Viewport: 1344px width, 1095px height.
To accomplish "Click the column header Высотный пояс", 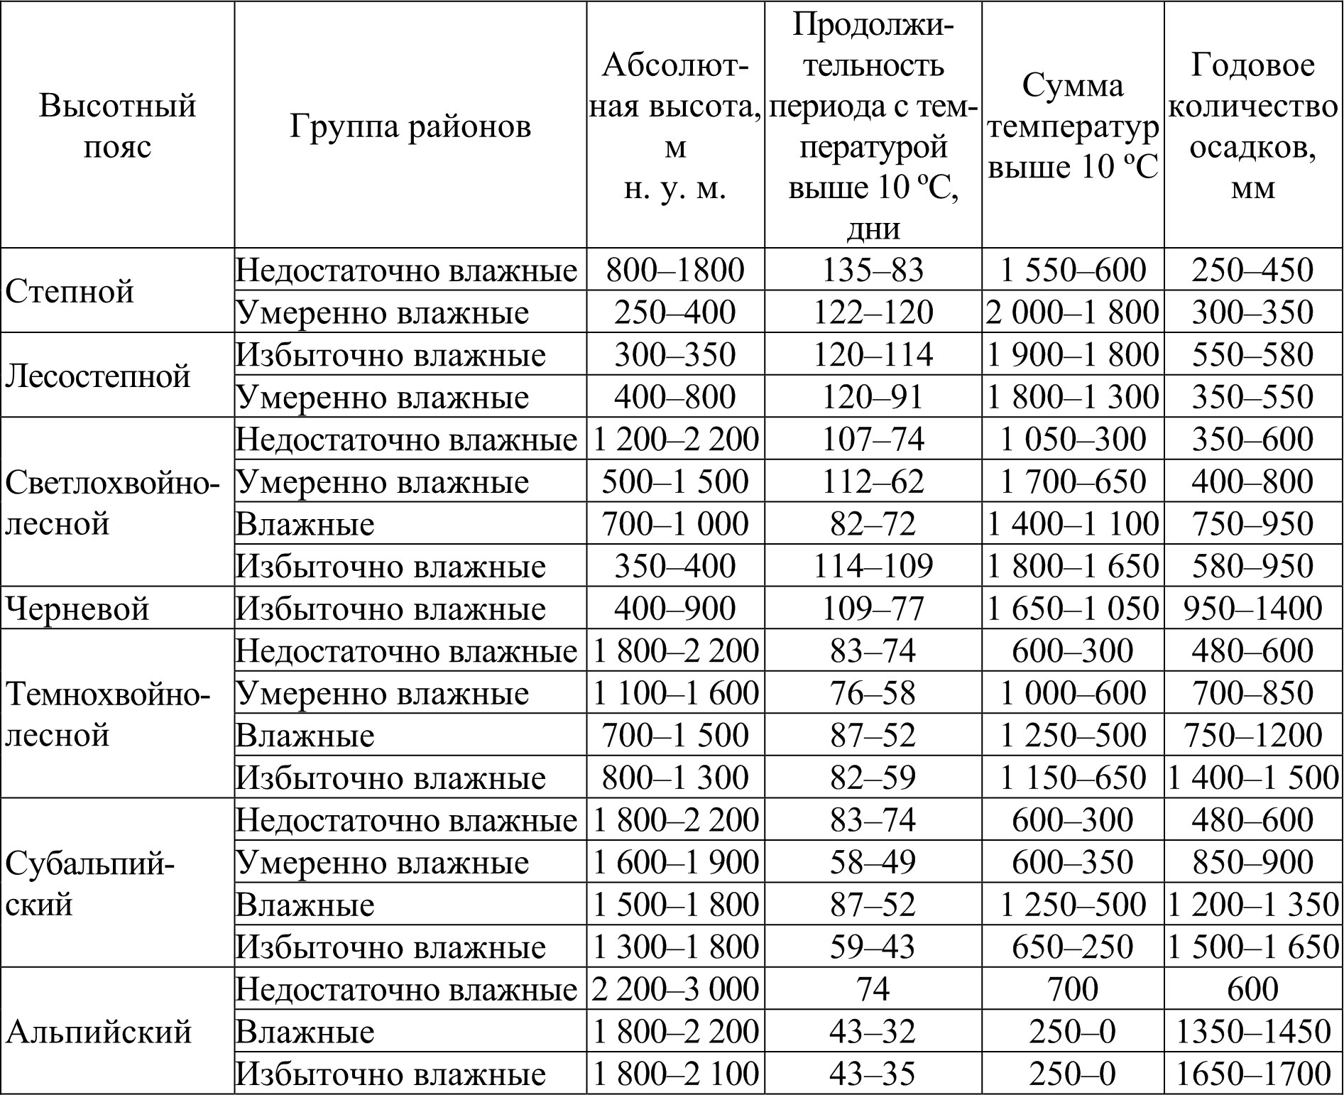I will click(x=117, y=126).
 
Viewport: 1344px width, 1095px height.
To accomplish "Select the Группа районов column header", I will click(x=410, y=126).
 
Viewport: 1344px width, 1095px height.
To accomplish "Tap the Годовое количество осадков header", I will click(x=1253, y=126).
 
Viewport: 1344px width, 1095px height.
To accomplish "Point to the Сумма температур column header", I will click(x=1073, y=126).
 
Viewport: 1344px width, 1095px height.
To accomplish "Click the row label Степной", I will click(x=70, y=291).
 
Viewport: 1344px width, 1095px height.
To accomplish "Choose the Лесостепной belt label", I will click(x=98, y=376).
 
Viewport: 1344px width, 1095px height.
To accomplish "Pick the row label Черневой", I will click(x=77, y=609).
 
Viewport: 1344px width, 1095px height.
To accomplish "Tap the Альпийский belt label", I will click(x=98, y=1031).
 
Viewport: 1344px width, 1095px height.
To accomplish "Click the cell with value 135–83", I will click(x=873, y=270).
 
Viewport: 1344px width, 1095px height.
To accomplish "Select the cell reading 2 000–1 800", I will click(x=1073, y=312).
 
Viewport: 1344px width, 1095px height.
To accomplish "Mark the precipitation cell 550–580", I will click(x=1253, y=354).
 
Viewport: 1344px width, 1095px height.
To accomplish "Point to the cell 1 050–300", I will click(x=1073, y=440).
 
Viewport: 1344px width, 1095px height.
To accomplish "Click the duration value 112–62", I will click(x=873, y=481).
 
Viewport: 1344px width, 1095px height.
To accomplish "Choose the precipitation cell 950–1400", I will click(x=1253, y=609).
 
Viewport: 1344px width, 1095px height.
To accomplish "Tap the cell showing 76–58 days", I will click(x=873, y=693).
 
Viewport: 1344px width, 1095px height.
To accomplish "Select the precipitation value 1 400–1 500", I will click(x=1253, y=778).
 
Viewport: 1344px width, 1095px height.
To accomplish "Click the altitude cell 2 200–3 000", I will click(x=675, y=989).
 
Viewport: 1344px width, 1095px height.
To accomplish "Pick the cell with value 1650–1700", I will click(x=1253, y=1074).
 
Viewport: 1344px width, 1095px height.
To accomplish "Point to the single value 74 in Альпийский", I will click(x=873, y=989).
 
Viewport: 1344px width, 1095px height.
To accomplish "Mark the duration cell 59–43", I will click(x=873, y=947).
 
